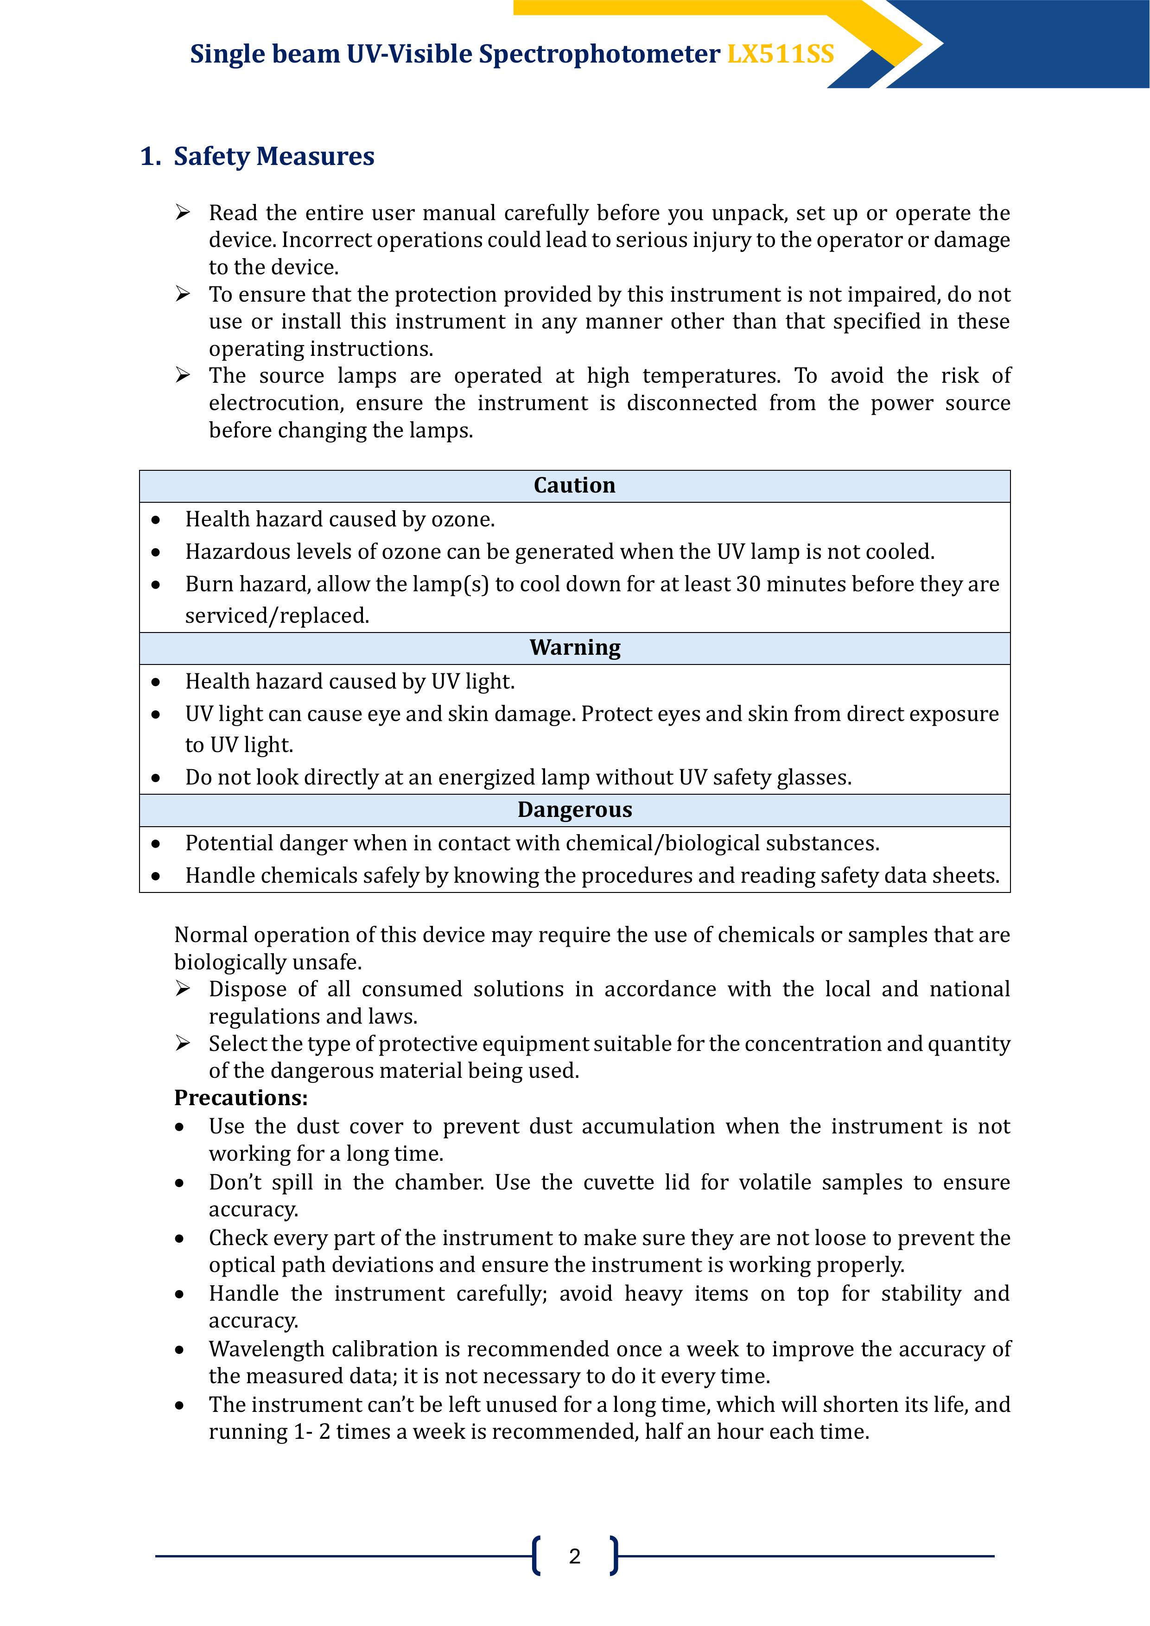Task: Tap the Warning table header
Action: (575, 648)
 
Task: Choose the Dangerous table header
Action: (575, 810)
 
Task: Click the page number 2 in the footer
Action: (575, 1556)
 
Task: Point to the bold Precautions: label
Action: (241, 1098)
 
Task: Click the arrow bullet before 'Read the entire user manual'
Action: (183, 212)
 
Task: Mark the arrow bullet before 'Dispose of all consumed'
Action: (183, 989)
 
